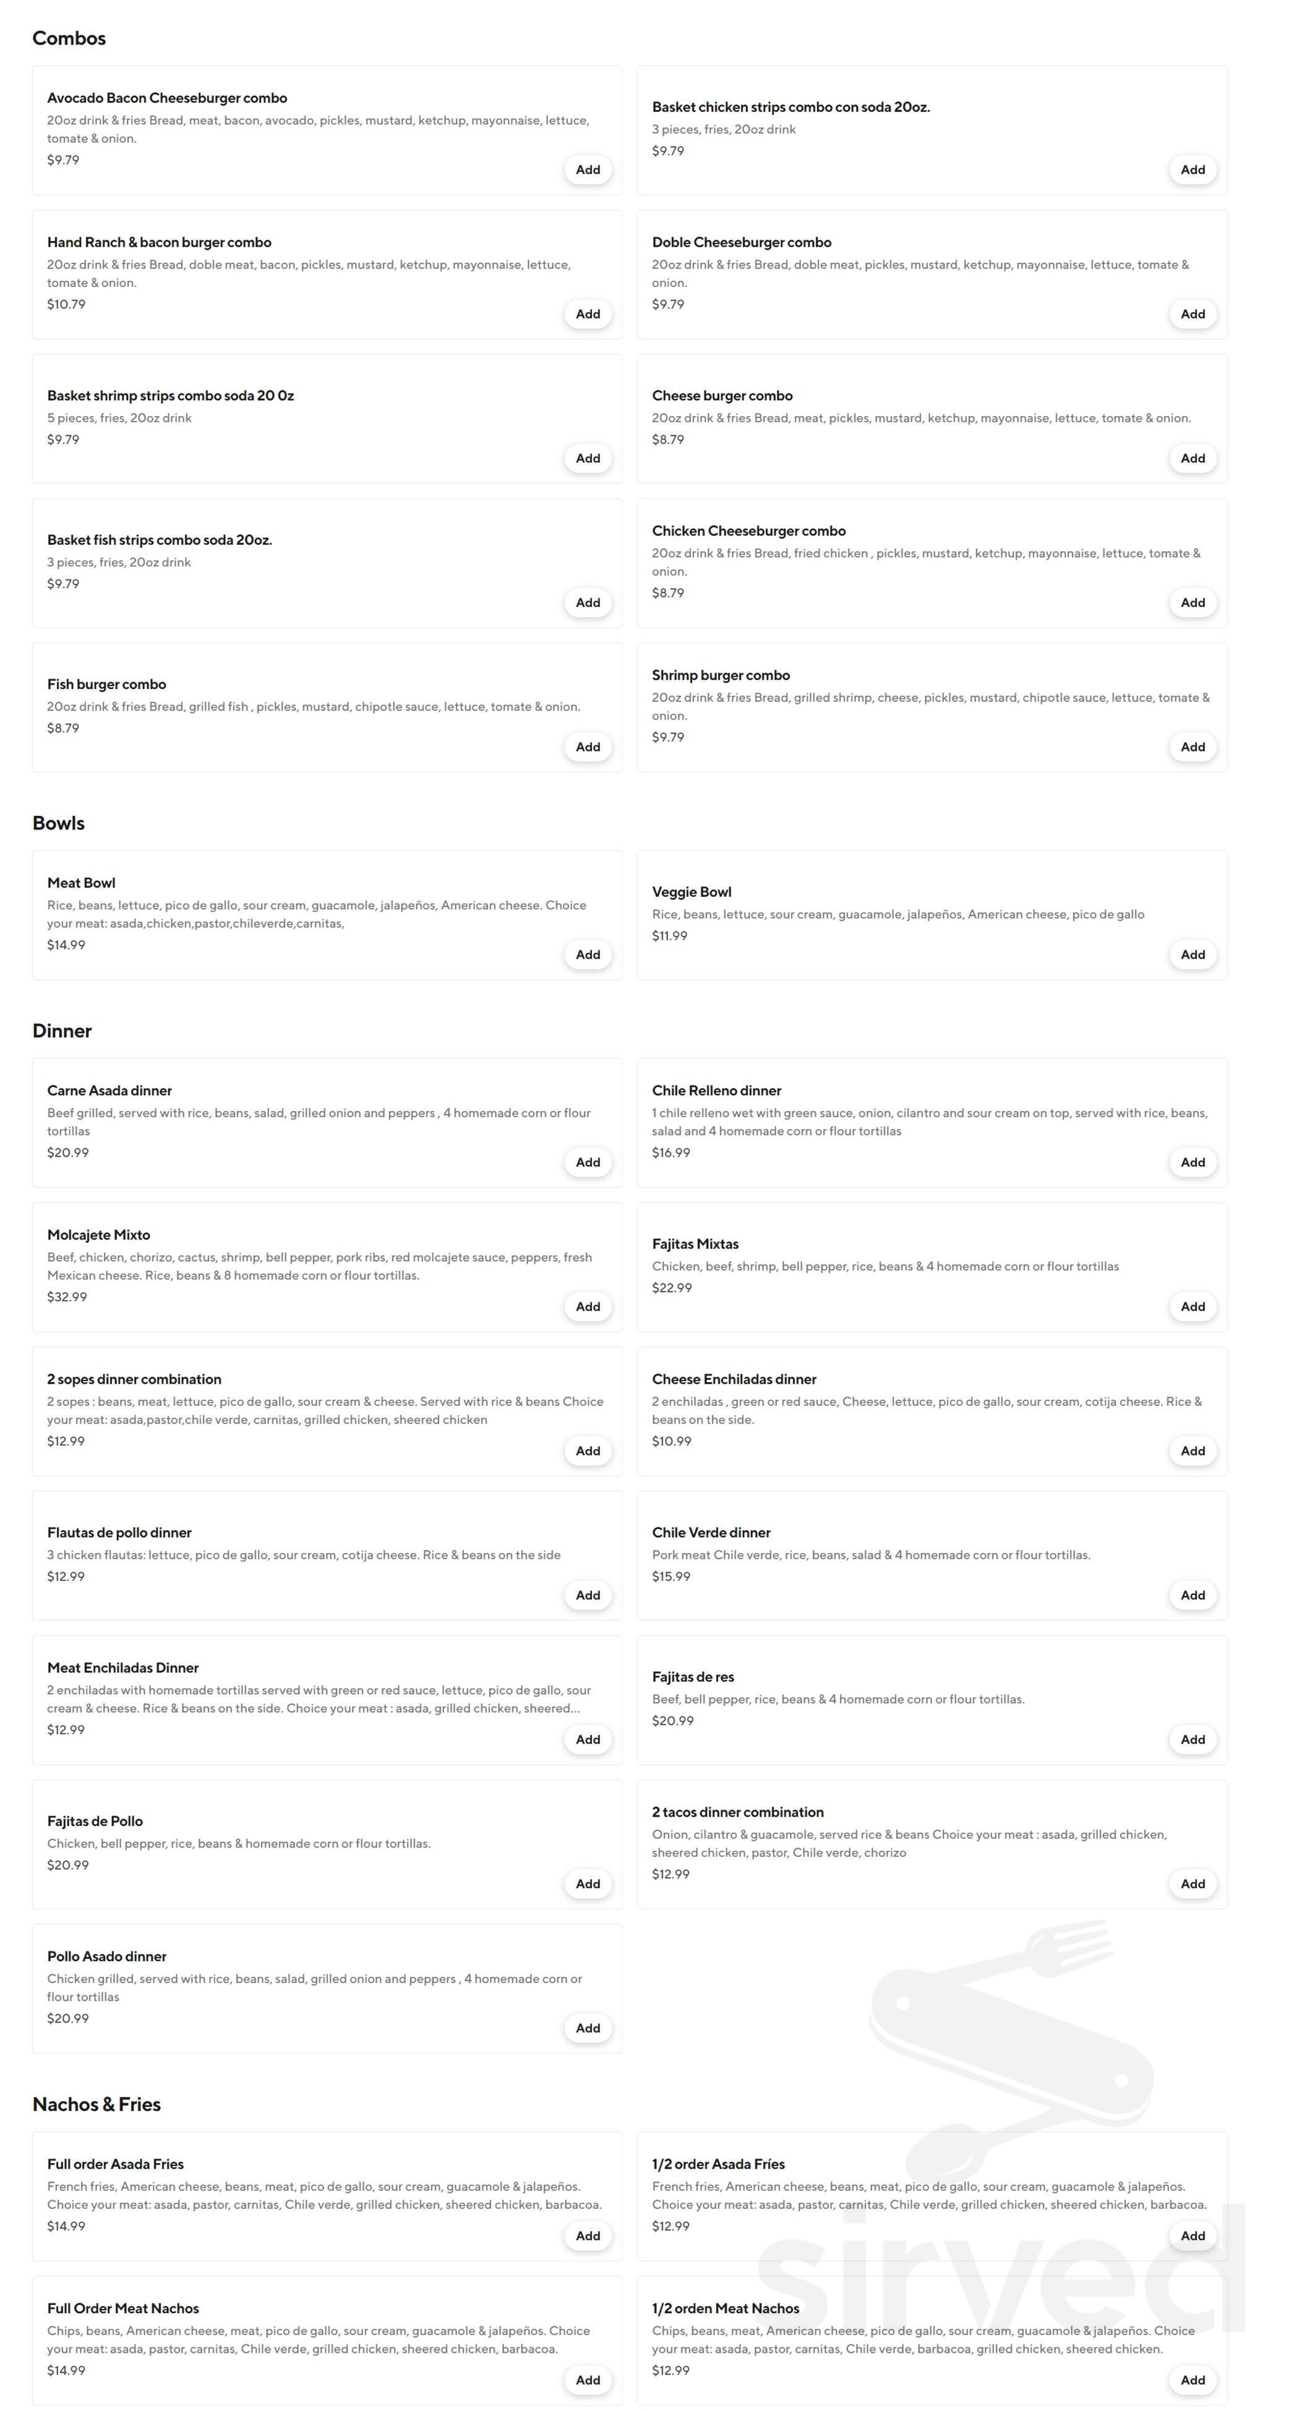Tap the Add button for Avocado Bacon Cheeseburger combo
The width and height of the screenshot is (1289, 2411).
point(587,169)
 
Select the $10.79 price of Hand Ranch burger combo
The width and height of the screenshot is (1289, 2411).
point(66,304)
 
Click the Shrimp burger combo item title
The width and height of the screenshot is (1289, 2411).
point(720,675)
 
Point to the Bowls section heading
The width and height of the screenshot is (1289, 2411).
point(58,823)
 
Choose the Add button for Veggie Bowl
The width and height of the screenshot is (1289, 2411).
point(1192,954)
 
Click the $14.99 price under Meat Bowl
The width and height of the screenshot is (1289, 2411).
point(66,945)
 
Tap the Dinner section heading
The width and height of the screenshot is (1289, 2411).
point(62,1030)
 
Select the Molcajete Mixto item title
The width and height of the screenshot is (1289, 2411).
point(98,1235)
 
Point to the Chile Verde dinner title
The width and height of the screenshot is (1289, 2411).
point(711,1532)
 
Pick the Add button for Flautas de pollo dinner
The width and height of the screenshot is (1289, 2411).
point(587,1595)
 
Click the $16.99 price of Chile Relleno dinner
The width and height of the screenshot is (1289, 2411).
point(670,1153)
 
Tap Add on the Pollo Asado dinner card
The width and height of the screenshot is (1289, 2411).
point(587,2028)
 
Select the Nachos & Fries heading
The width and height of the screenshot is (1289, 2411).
point(96,2104)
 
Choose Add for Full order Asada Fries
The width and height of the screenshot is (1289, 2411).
point(587,2236)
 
